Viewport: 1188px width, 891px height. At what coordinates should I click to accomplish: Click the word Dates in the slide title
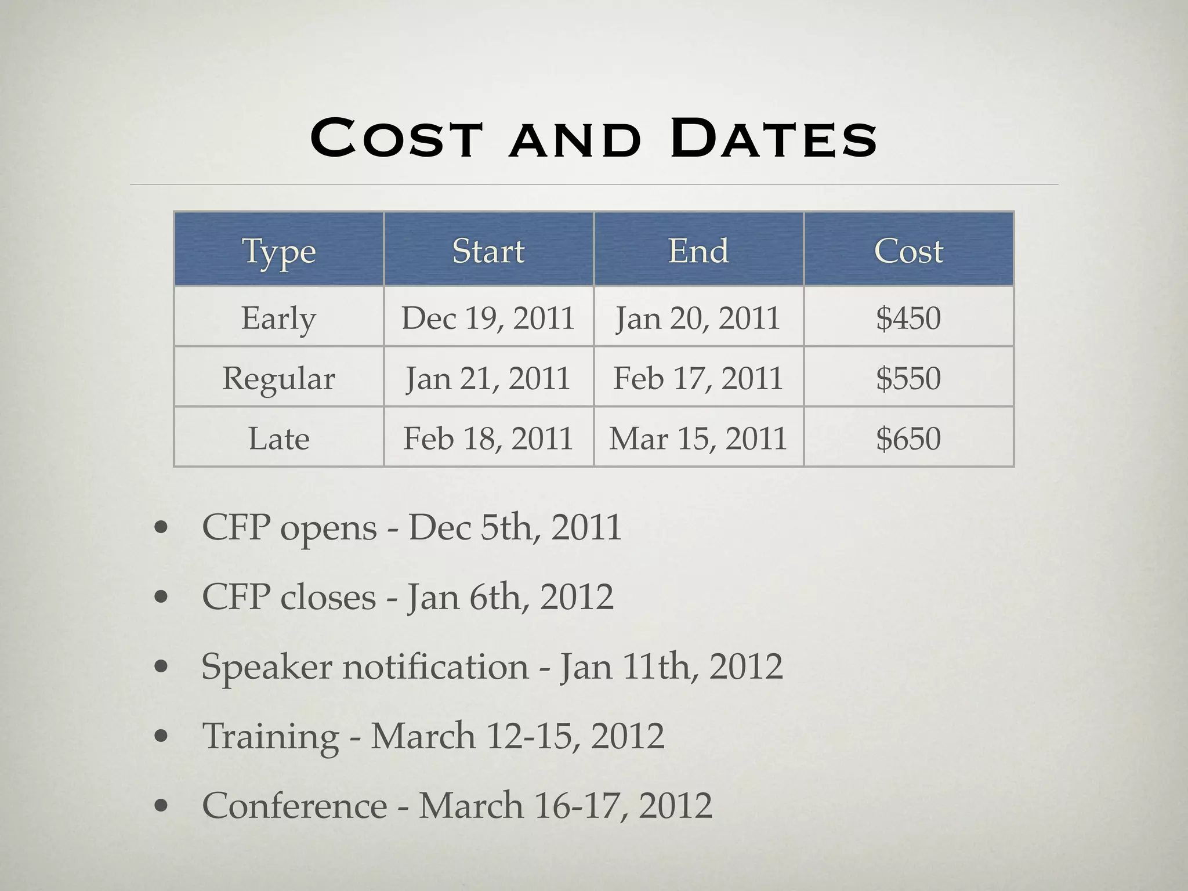[773, 139]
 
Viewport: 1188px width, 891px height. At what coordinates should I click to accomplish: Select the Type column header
[279, 251]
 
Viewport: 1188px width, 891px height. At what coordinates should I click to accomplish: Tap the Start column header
[488, 251]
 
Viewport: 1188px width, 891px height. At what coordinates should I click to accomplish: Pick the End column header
[698, 251]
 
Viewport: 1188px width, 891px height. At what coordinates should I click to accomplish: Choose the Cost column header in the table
[908, 251]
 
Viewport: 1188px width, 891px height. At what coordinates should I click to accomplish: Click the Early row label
[279, 318]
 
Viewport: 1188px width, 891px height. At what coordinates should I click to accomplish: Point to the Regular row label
[279, 378]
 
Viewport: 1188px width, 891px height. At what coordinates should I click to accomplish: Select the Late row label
[279, 438]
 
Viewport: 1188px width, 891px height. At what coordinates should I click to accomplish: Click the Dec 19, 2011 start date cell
[488, 318]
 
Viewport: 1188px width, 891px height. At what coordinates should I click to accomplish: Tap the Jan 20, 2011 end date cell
[698, 318]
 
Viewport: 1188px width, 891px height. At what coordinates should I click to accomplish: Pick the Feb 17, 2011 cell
[698, 378]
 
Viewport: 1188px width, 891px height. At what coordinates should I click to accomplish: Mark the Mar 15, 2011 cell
[698, 438]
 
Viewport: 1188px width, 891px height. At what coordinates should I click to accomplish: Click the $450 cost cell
[908, 318]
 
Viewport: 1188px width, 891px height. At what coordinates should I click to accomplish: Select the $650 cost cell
[908, 438]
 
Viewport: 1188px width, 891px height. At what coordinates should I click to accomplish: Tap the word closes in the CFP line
[328, 597]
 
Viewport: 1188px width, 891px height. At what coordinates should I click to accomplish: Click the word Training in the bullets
[270, 736]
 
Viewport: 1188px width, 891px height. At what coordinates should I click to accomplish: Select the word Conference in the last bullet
[294, 806]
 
